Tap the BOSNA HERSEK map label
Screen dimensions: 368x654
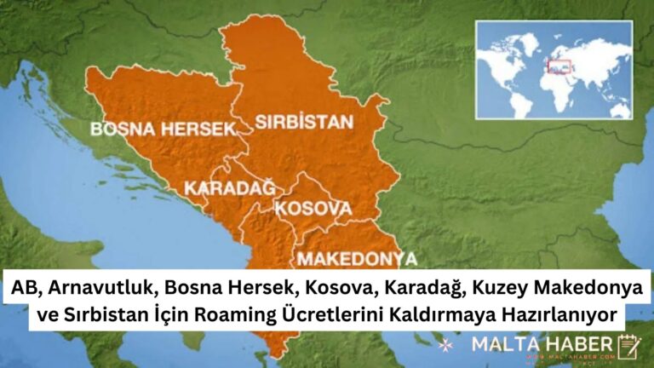click(x=162, y=129)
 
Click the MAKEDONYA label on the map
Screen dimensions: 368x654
click(x=356, y=258)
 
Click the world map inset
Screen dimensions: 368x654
click(x=554, y=69)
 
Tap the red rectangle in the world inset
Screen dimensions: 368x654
click(x=559, y=64)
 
